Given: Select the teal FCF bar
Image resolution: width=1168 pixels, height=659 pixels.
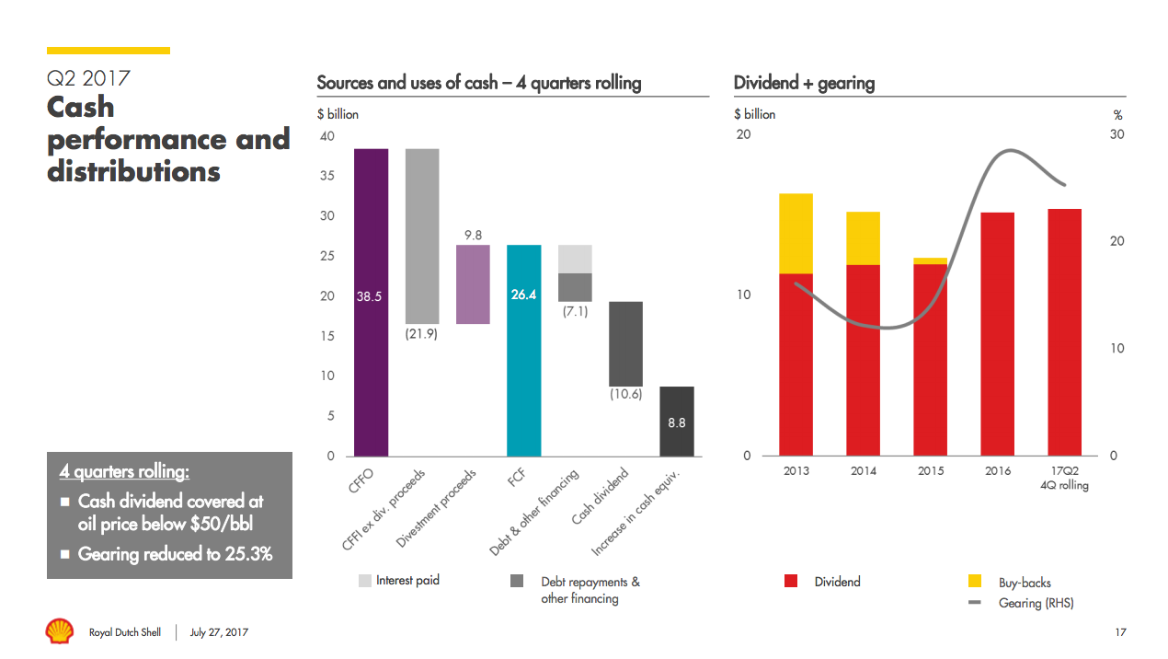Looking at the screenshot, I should pos(523,351).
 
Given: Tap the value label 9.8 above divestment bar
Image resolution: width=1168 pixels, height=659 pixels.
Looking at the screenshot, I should pos(473,235).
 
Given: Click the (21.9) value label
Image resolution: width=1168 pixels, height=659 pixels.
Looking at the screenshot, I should pos(421,334).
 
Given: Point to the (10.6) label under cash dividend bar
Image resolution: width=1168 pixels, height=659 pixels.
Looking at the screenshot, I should pos(625,395).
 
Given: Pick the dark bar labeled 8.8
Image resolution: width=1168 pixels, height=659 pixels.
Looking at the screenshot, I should pos(676,422).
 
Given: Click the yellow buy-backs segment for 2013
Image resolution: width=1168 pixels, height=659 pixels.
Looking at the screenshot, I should pos(796,233).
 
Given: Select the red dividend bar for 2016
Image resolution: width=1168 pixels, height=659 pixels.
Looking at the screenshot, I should pos(997,334).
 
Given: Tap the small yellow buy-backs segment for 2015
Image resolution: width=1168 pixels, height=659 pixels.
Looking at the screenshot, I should pos(930,261).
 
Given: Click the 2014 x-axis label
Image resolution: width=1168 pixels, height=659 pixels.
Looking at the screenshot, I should pos(863,471).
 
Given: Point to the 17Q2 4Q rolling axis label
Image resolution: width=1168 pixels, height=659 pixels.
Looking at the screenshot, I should pos(1064,478).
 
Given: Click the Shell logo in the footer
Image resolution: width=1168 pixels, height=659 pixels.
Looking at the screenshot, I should pos(60,631).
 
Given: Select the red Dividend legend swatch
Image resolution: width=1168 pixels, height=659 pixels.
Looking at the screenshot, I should pos(791,582).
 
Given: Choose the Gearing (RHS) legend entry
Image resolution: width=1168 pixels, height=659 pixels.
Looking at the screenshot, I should pos(1036,604).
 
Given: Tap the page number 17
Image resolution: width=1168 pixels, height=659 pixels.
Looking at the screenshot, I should pos(1119,632).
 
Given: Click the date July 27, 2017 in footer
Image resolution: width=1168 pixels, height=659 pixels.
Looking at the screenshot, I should pos(219,632).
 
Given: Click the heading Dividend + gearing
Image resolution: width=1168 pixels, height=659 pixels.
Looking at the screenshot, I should pos(804,83).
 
